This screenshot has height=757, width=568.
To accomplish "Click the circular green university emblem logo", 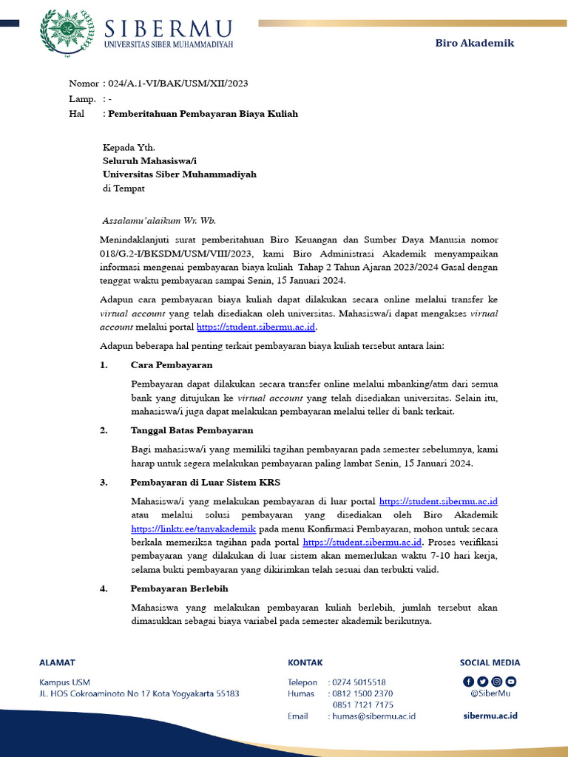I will pos(67,34).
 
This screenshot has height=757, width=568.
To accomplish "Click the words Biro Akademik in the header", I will pos(473,43).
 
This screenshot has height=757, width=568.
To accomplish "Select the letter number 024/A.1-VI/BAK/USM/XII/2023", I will pos(177,83).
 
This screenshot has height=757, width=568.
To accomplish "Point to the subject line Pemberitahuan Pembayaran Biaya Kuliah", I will pos(203,114).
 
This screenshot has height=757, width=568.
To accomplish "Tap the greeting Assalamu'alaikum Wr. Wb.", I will pos(159,220).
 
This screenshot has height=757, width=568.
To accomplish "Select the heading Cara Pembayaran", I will pos(172,365).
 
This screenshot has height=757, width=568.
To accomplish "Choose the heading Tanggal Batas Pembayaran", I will pos(192,430).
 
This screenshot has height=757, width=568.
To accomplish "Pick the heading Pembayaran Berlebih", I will pos(179,588).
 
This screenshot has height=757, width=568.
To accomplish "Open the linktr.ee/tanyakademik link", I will pos(193,529).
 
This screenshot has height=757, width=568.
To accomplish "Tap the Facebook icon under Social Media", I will pos(468,682).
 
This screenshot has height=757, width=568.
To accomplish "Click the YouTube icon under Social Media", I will pos(510,682).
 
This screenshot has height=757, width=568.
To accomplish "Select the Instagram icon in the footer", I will pos(496,682).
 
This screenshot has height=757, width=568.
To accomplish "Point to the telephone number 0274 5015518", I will pos(359,682).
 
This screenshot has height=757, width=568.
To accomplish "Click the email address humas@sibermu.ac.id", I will pos(373,716).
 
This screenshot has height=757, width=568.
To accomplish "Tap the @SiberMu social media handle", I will pos(490,693).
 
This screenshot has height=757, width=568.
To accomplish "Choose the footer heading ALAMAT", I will pos(57,662).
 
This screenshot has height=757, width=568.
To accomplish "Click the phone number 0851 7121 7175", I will pos(362,705).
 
